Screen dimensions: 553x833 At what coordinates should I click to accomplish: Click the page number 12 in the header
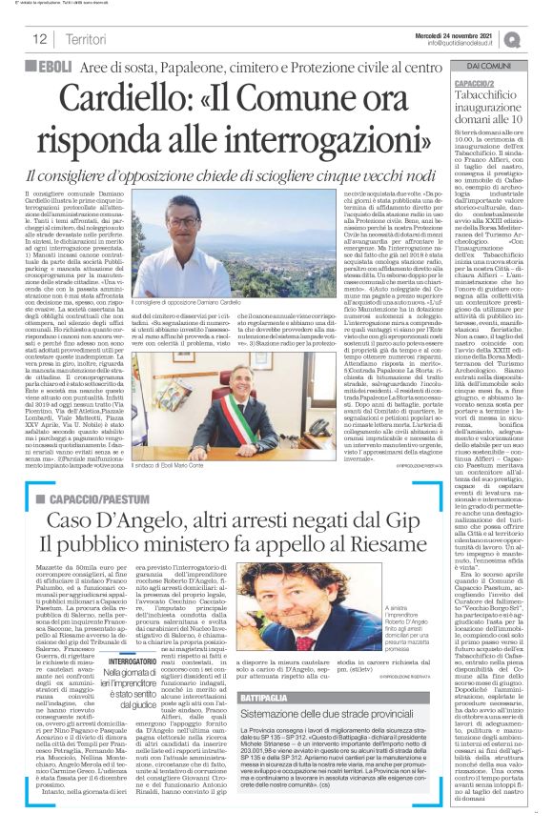pos(41,38)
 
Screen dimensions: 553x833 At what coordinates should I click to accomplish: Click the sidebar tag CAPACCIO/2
pos(487,83)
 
